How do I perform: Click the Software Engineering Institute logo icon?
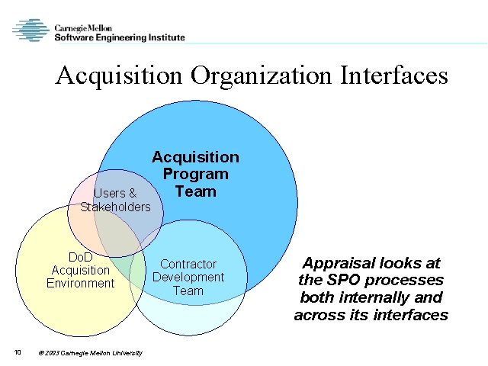click(31, 30)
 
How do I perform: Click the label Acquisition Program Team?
click(195, 174)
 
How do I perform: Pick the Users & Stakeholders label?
click(115, 200)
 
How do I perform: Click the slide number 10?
click(17, 352)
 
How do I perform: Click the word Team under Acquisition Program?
click(195, 191)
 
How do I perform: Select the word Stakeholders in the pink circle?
click(115, 207)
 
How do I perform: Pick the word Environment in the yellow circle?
click(80, 284)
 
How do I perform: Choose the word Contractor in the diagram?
click(188, 264)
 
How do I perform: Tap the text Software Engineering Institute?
click(120, 37)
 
